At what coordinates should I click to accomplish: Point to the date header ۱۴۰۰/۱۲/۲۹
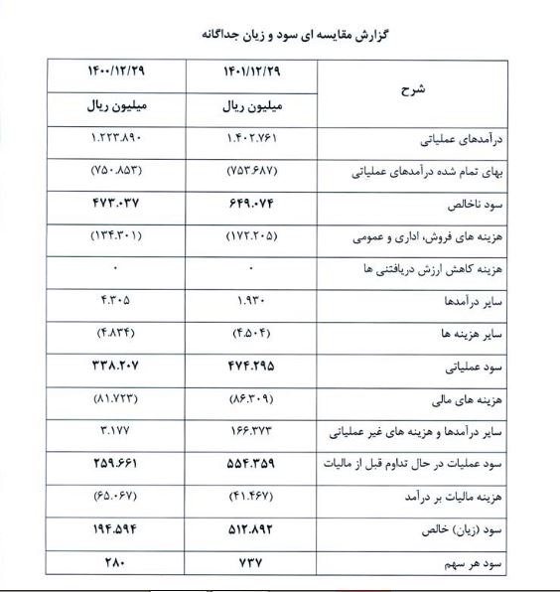116,73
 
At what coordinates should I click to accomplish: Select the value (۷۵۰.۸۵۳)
116,171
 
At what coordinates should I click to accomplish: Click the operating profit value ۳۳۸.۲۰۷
116,367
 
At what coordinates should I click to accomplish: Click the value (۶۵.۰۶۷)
116,497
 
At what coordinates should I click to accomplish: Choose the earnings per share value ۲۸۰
116,562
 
